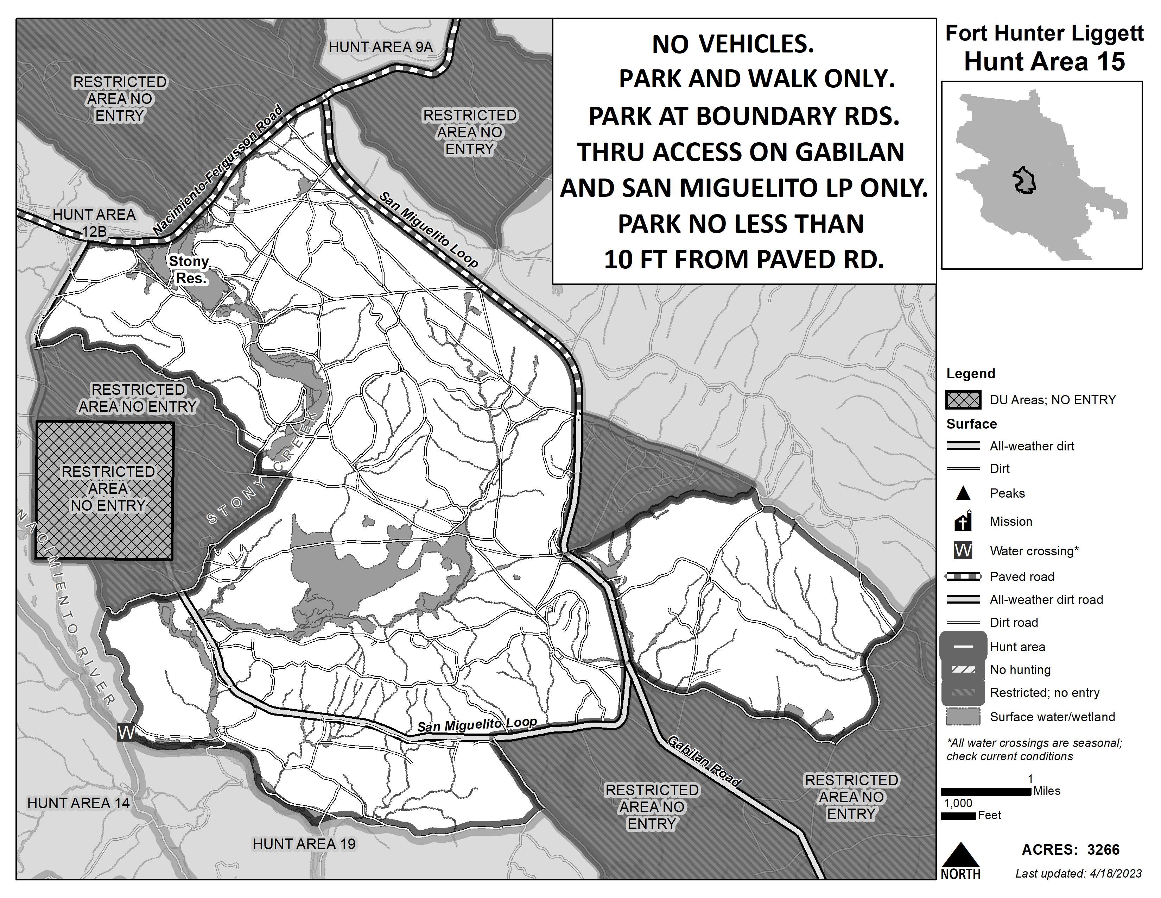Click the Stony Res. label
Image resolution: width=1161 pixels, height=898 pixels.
pos(189,269)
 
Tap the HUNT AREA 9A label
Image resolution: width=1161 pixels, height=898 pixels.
pos(381,47)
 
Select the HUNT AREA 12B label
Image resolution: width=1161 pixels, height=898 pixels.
pos(94,222)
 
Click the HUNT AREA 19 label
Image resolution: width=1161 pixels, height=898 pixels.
pos(304,844)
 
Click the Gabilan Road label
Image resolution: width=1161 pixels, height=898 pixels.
pos(703,761)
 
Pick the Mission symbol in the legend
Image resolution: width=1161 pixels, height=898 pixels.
pos(963,521)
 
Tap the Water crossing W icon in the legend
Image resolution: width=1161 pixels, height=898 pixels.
pos(963,551)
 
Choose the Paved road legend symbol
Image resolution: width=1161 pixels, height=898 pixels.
pos(963,576)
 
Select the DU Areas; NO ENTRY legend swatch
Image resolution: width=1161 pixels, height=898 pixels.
pos(963,400)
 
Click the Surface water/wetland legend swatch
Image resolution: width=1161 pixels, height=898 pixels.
pos(963,717)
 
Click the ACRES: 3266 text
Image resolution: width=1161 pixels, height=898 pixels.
pos(1071,850)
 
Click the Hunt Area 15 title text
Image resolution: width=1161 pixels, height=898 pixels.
pos(1044,62)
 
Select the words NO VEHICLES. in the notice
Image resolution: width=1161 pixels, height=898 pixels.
pos(733,44)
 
